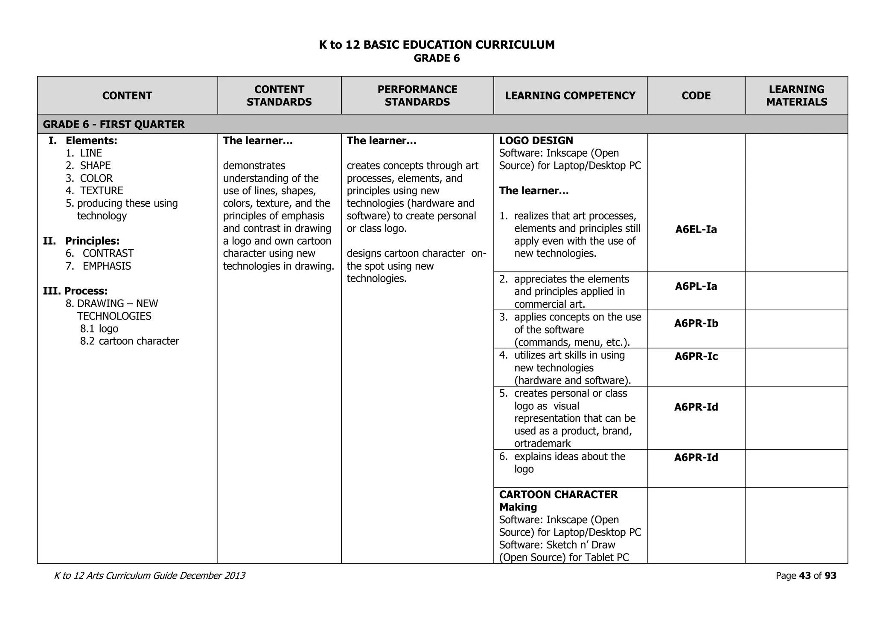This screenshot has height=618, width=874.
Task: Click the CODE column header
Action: click(x=696, y=96)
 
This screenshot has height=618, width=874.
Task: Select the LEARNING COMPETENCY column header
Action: click(x=570, y=96)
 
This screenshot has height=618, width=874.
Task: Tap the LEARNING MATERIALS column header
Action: click(x=796, y=96)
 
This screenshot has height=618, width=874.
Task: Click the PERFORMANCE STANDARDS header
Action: click(x=417, y=96)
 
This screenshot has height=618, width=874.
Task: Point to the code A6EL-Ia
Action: click(x=696, y=230)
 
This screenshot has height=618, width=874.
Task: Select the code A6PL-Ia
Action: click(x=696, y=286)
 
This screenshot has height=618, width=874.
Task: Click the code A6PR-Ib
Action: click(x=696, y=324)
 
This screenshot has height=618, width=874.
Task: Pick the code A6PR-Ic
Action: click(x=696, y=356)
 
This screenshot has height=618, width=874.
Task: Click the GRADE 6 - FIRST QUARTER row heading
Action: click(x=114, y=124)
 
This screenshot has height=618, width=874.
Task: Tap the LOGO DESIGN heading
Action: click(x=536, y=140)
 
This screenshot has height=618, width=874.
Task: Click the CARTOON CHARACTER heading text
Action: click(x=558, y=495)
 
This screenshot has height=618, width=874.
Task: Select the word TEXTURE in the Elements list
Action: click(x=102, y=191)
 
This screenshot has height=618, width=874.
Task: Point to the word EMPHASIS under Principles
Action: click(x=107, y=266)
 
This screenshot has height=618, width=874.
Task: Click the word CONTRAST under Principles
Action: click(x=108, y=254)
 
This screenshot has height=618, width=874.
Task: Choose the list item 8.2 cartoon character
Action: click(x=129, y=341)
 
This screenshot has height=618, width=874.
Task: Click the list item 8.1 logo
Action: click(x=99, y=329)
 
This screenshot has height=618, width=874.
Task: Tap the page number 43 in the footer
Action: click(x=804, y=576)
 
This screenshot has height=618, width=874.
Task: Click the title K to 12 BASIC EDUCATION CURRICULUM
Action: click(x=437, y=45)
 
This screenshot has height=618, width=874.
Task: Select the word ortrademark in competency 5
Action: click(x=542, y=443)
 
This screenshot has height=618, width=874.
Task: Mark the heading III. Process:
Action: click(x=75, y=291)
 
